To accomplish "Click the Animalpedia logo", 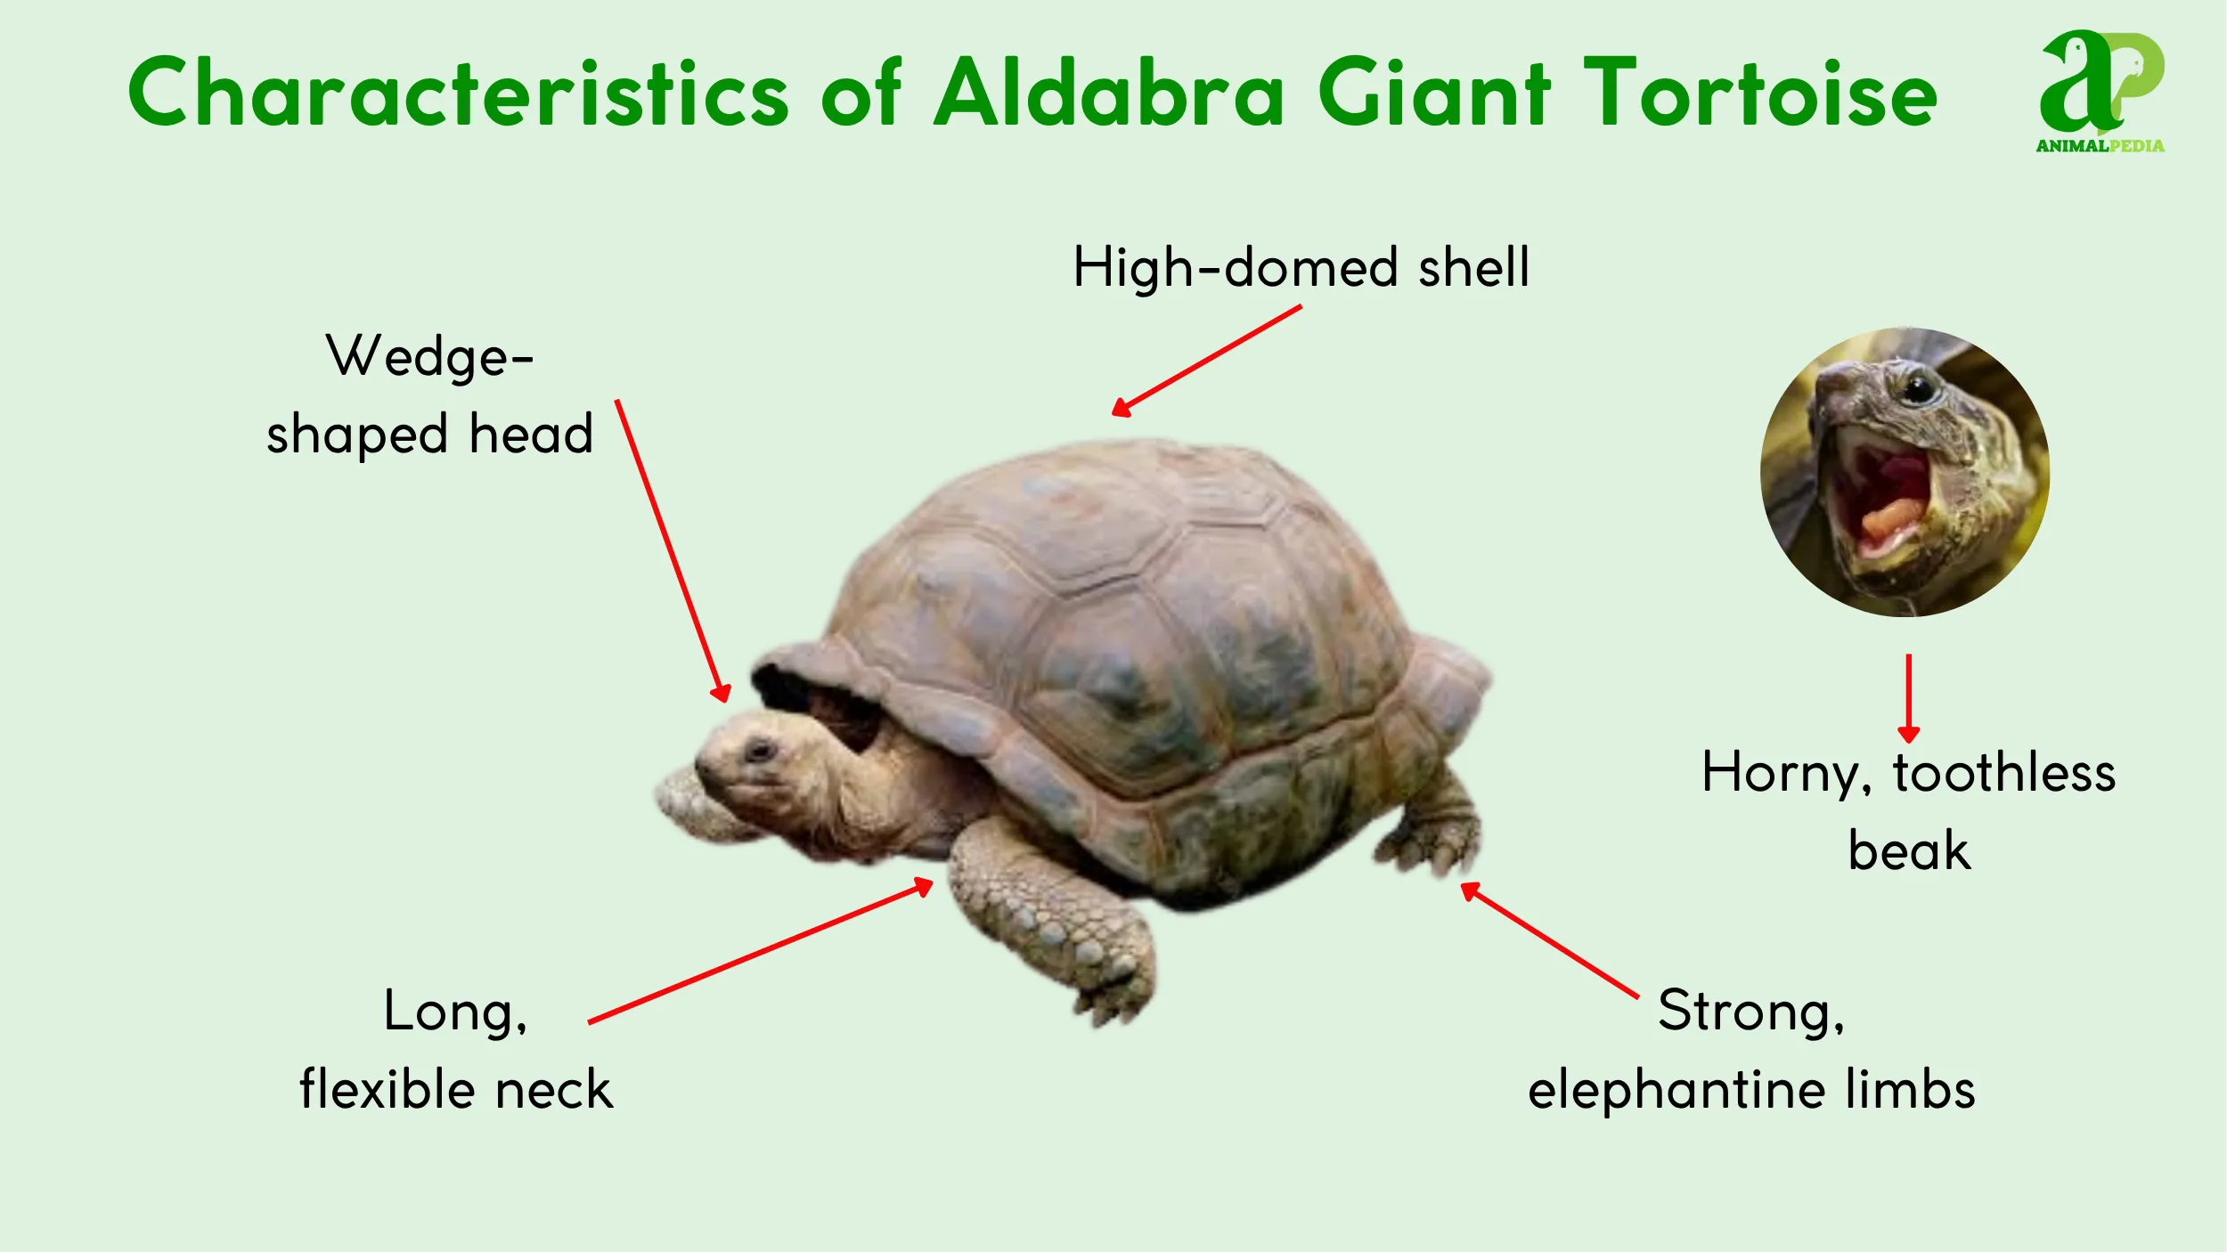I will (x=2101, y=91).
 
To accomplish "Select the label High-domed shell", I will (x=1301, y=267).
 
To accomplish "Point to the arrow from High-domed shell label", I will (x=1207, y=361).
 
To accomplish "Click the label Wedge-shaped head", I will (x=429, y=394).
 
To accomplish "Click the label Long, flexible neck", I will (x=456, y=1051).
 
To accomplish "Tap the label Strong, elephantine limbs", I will (x=1751, y=1051).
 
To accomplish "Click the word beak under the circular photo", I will (x=1909, y=851).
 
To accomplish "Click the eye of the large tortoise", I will (x=760, y=751).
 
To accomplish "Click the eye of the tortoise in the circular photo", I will (x=1918, y=388).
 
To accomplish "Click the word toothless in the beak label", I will (x=2004, y=773).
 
